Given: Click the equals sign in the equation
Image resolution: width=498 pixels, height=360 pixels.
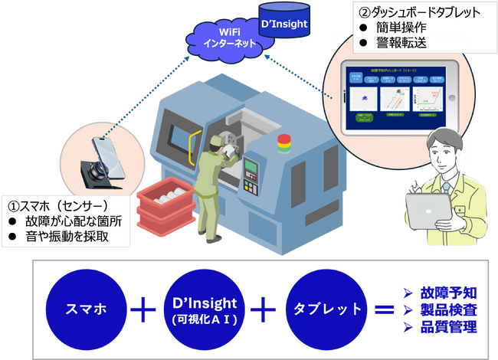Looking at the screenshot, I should point(385,310).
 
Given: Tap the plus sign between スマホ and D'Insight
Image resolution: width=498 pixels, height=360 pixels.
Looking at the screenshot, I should point(143,310).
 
